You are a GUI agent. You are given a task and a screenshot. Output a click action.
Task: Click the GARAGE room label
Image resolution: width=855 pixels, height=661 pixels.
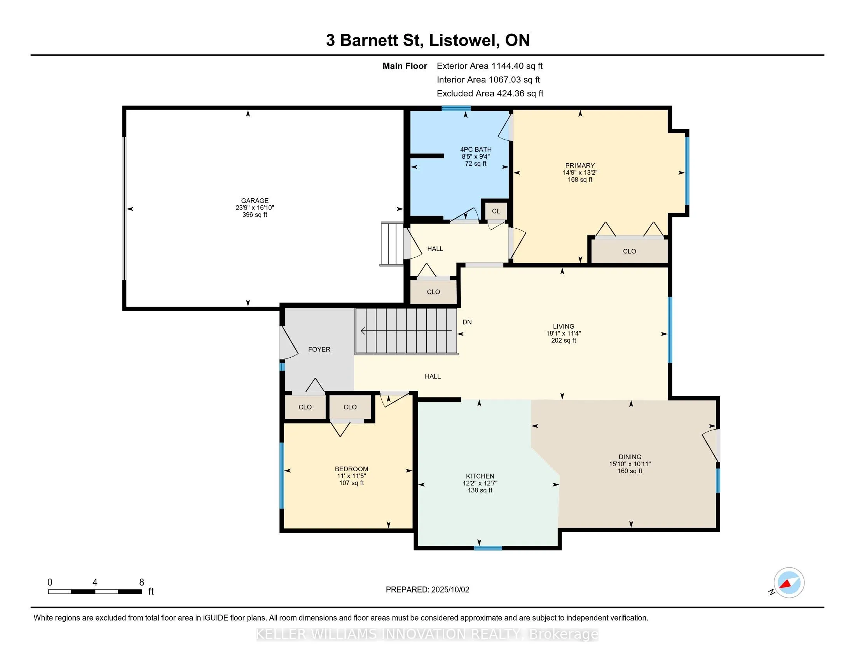255,201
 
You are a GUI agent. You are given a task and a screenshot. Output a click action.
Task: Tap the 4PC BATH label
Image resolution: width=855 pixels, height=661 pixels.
476,149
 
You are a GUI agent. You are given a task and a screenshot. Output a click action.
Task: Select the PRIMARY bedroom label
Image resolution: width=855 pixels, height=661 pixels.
580,166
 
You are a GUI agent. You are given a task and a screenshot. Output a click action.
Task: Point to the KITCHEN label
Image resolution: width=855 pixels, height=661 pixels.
480,476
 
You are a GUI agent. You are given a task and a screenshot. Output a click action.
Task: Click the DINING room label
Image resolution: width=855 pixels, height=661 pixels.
630,456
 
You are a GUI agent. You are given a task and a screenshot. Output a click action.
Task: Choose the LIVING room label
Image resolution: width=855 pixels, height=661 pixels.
564,326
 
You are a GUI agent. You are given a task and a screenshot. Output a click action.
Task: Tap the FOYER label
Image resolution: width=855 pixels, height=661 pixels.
319,349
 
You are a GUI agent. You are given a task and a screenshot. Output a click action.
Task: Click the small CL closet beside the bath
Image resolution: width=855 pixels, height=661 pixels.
496,211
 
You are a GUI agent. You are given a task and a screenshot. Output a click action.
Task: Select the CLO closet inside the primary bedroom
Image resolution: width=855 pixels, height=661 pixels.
629,251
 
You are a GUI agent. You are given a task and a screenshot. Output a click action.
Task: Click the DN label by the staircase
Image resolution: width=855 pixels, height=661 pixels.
467,322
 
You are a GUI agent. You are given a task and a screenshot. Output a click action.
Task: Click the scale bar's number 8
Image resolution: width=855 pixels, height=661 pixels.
142,582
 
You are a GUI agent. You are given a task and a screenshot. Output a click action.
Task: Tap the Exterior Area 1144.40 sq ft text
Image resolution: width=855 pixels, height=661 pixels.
490,66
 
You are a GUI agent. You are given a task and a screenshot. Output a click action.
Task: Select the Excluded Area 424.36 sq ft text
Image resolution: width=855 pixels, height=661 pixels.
490,93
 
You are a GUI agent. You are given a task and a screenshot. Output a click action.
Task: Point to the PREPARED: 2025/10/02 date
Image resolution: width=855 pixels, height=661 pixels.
427,589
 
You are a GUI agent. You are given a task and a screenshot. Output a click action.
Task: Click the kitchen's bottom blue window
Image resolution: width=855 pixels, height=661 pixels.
488,548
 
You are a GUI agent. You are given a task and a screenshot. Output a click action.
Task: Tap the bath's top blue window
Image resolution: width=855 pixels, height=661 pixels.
456,108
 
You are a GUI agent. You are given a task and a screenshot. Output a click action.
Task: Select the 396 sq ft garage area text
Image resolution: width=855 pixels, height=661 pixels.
255,215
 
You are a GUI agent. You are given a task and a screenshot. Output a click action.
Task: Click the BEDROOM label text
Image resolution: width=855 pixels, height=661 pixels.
351,469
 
